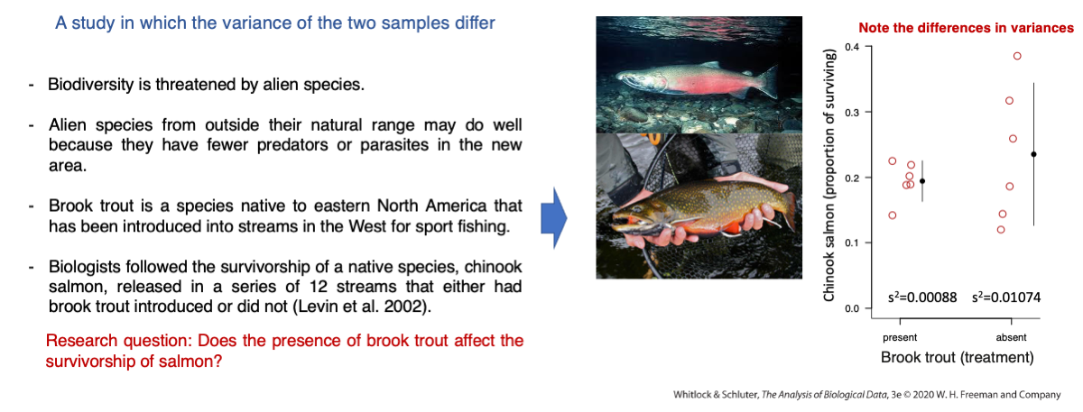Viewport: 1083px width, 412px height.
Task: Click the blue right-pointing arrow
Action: click(x=553, y=218)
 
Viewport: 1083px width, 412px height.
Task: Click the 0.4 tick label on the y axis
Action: click(x=852, y=47)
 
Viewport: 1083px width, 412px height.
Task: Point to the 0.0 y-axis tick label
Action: click(x=852, y=308)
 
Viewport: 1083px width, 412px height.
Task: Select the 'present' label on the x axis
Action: click(x=900, y=337)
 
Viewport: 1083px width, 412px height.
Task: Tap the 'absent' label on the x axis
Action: click(x=1011, y=337)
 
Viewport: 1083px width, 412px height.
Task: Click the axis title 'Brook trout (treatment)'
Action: click(x=958, y=357)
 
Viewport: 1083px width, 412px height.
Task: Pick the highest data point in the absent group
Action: click(x=1017, y=56)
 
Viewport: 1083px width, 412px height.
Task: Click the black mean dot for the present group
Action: click(x=922, y=181)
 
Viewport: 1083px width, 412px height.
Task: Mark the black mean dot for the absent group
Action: click(x=1033, y=154)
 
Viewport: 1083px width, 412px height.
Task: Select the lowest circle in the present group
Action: click(x=893, y=215)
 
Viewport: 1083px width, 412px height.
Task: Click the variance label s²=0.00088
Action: click(x=922, y=297)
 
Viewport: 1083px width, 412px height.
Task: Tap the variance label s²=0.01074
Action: click(x=1006, y=297)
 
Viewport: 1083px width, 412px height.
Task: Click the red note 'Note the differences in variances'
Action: click(x=966, y=28)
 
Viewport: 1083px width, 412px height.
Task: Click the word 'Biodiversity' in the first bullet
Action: click(x=90, y=85)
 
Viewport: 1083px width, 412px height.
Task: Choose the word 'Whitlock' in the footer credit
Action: click(x=691, y=395)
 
